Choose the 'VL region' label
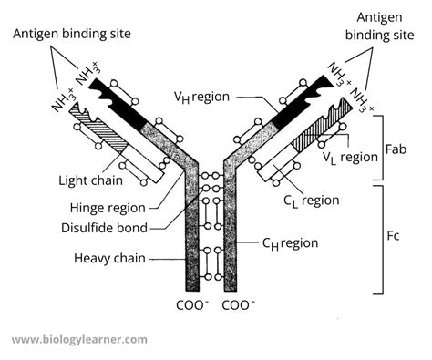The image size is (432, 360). coord(351,157)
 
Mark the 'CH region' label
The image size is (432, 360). coord(287,243)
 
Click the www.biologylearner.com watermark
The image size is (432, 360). coord(79,339)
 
